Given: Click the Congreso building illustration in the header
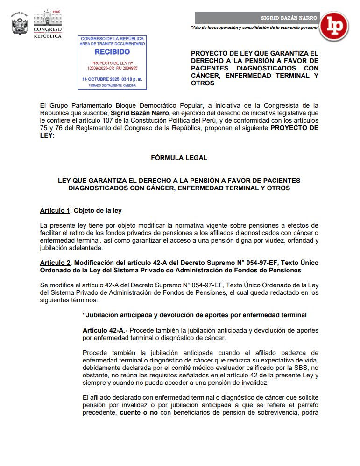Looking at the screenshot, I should [47, 18].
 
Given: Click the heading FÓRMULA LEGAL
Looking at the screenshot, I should [179, 158].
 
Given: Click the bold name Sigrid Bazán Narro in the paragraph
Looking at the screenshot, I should [141, 113].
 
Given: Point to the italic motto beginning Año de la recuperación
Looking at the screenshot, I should [255, 28].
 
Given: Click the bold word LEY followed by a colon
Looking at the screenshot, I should [47, 135].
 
